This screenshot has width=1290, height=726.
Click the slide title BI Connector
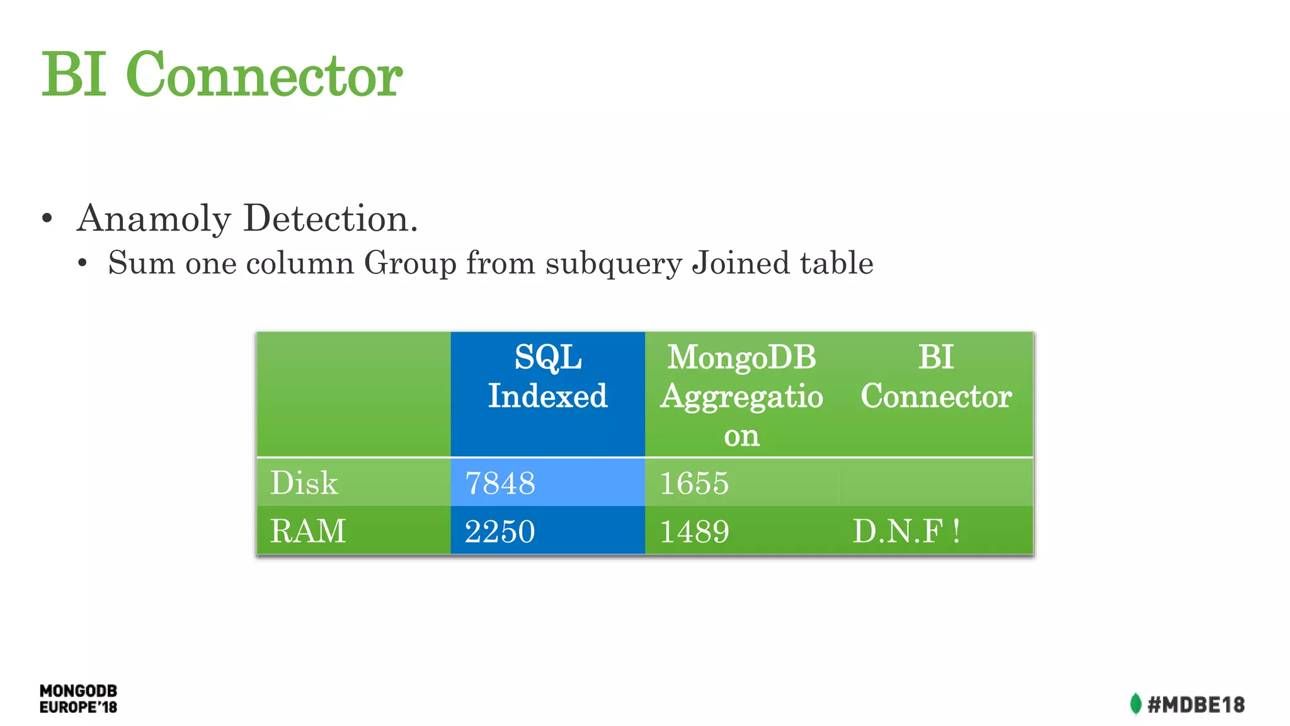point(222,74)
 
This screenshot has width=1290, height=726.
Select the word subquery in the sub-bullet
point(614,263)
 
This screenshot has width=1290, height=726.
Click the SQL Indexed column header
point(547,377)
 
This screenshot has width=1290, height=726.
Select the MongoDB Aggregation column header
point(741,395)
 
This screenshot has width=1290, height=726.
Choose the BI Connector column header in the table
point(936,377)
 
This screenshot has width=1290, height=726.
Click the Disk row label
point(304,483)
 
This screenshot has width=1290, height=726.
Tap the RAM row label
point(308,531)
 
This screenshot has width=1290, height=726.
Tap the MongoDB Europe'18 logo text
point(79,699)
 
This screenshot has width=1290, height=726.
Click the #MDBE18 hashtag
point(1196,705)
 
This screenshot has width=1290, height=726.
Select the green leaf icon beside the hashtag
point(1135,704)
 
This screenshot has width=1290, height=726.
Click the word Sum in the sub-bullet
point(141,263)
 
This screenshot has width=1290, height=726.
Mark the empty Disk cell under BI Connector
point(936,483)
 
